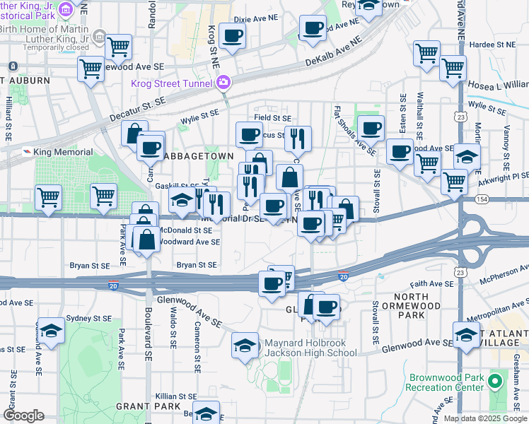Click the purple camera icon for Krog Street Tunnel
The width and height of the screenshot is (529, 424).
pos(223,83)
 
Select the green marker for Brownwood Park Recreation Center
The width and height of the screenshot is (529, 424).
pos(495,384)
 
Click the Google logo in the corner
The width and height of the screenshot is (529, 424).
pos(23,416)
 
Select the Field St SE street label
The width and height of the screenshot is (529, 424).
pos(273,118)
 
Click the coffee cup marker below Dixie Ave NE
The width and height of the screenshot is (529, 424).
pos(232,36)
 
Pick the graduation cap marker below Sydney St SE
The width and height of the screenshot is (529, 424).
pos(51,331)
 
